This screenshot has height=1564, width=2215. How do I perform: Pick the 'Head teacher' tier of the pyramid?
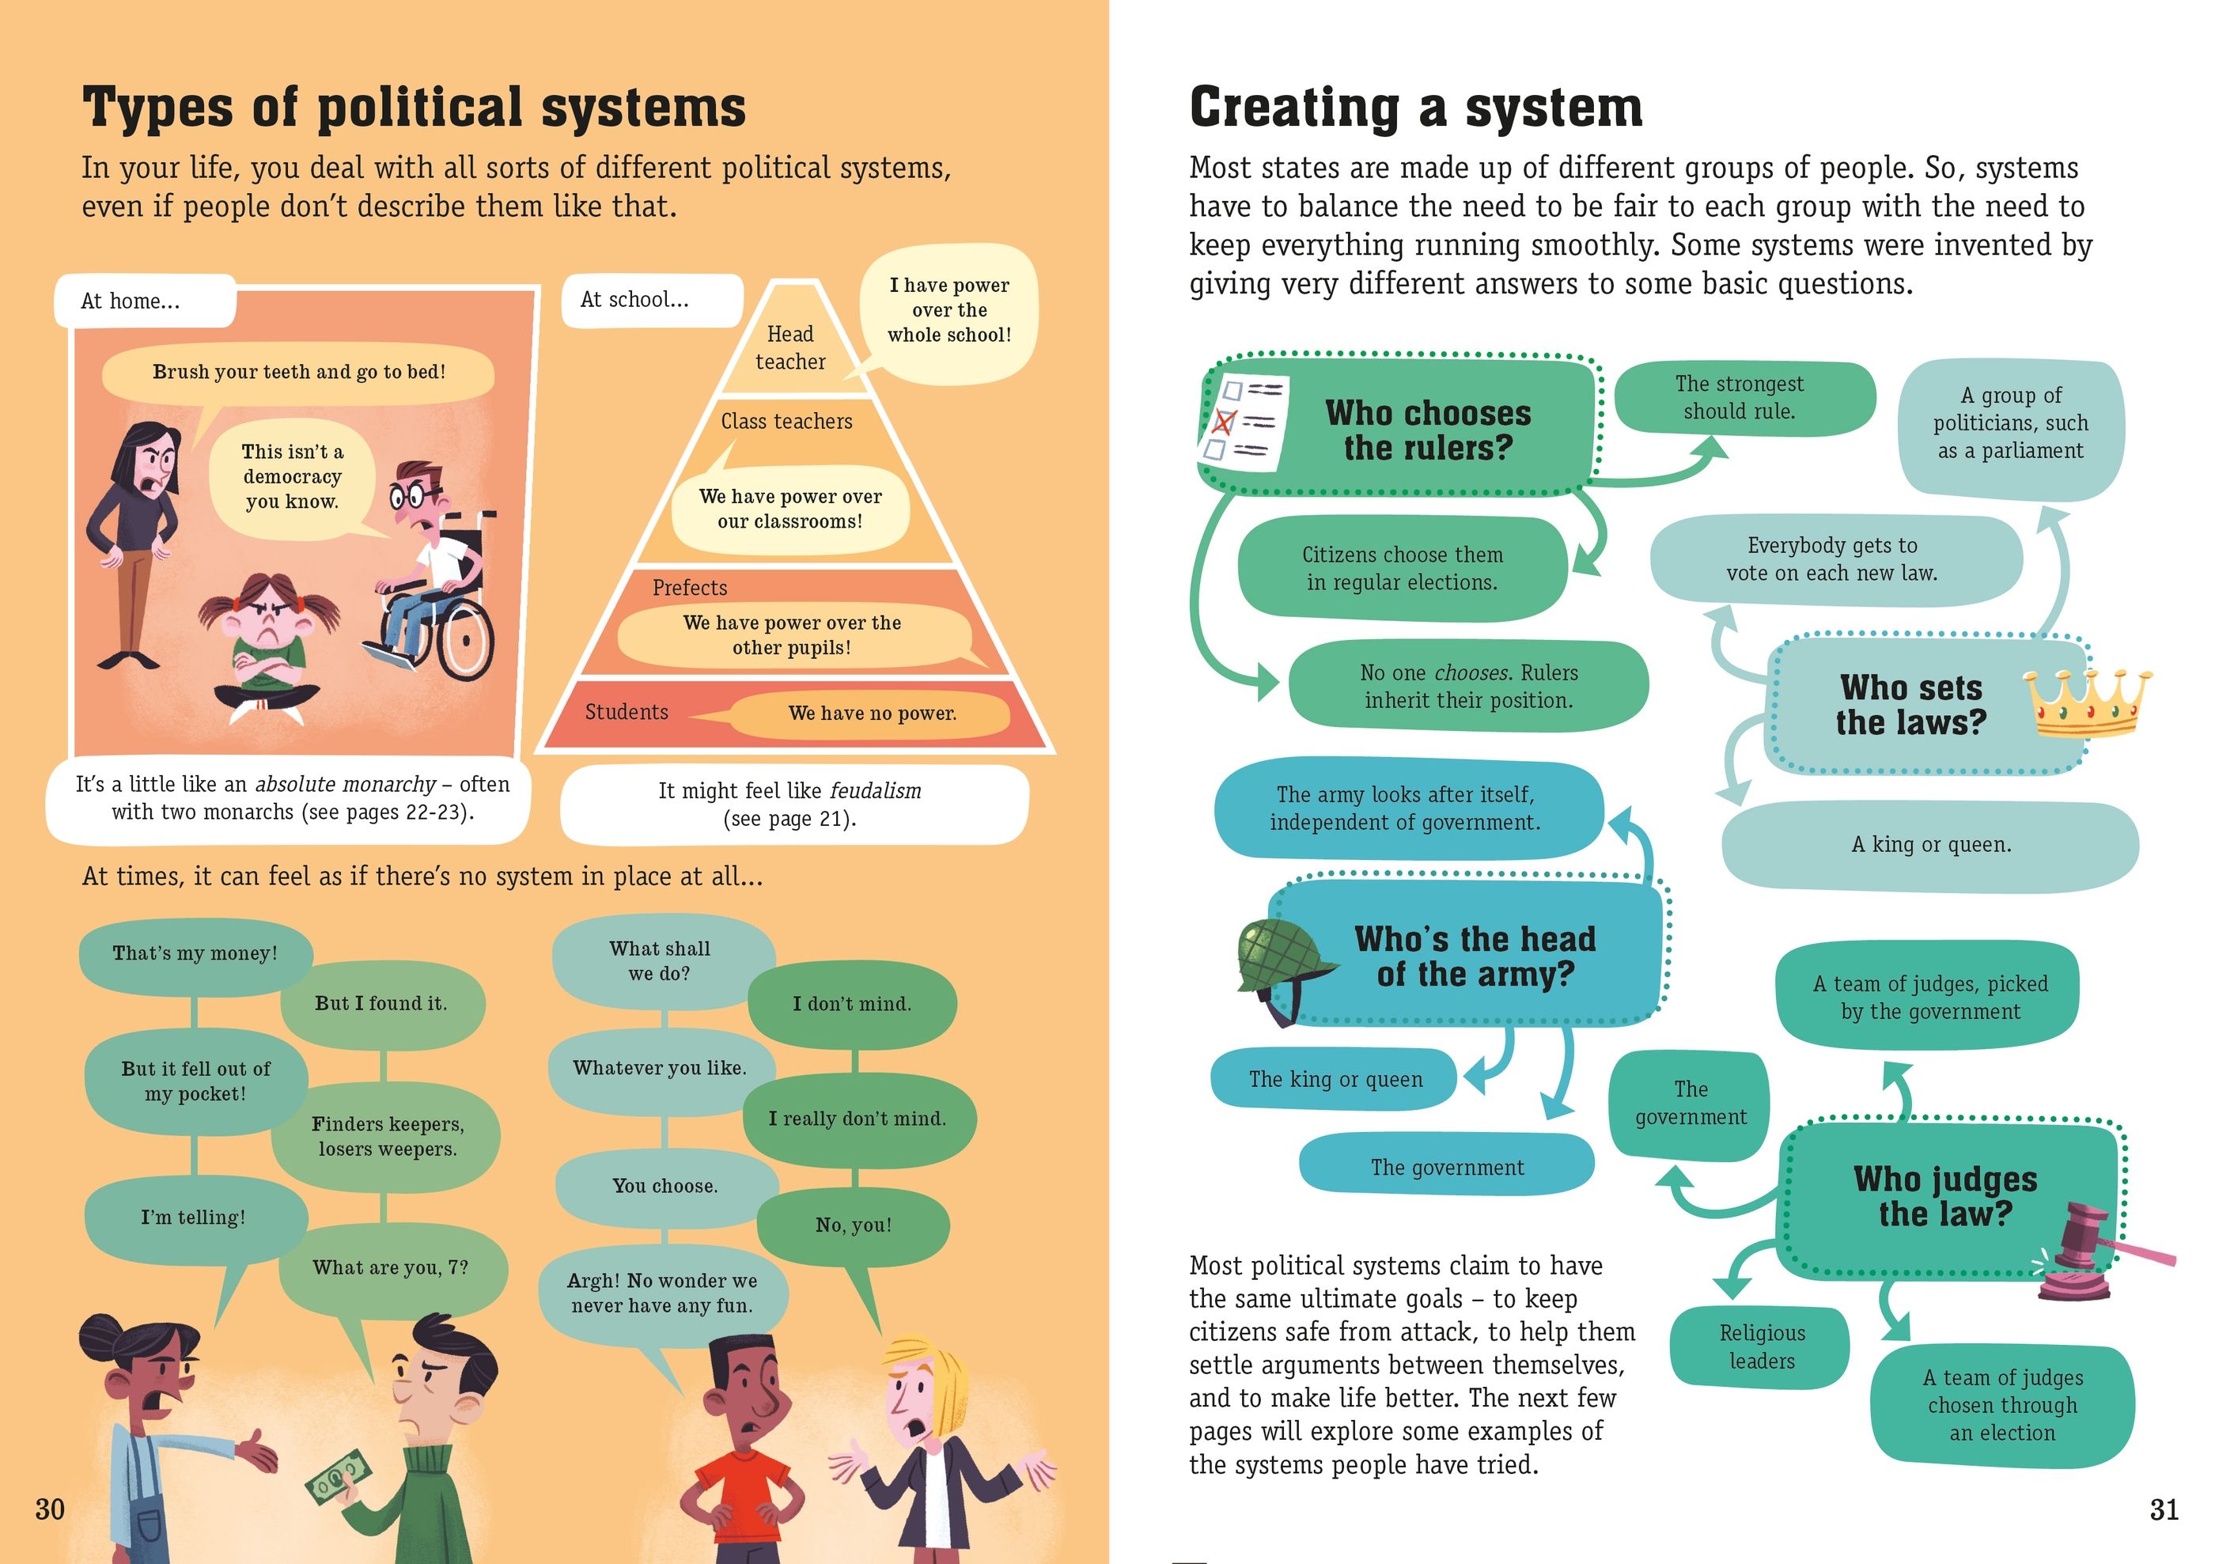pos(791,347)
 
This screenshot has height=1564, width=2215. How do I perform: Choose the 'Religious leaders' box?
pos(1761,1347)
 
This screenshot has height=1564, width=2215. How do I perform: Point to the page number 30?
pos(50,1509)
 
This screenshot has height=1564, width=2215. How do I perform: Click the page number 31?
pos(2164,1509)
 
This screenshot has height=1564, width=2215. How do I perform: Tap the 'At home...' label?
pos(131,301)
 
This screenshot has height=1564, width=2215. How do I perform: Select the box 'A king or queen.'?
pos(1930,844)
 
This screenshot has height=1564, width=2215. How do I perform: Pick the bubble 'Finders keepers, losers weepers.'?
pos(388,1137)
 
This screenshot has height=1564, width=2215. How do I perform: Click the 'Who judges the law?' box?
pos(1945,1196)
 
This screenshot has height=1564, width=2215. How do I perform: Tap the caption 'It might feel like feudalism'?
pos(790,804)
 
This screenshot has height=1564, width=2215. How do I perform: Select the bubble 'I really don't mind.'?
pos(857,1119)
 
